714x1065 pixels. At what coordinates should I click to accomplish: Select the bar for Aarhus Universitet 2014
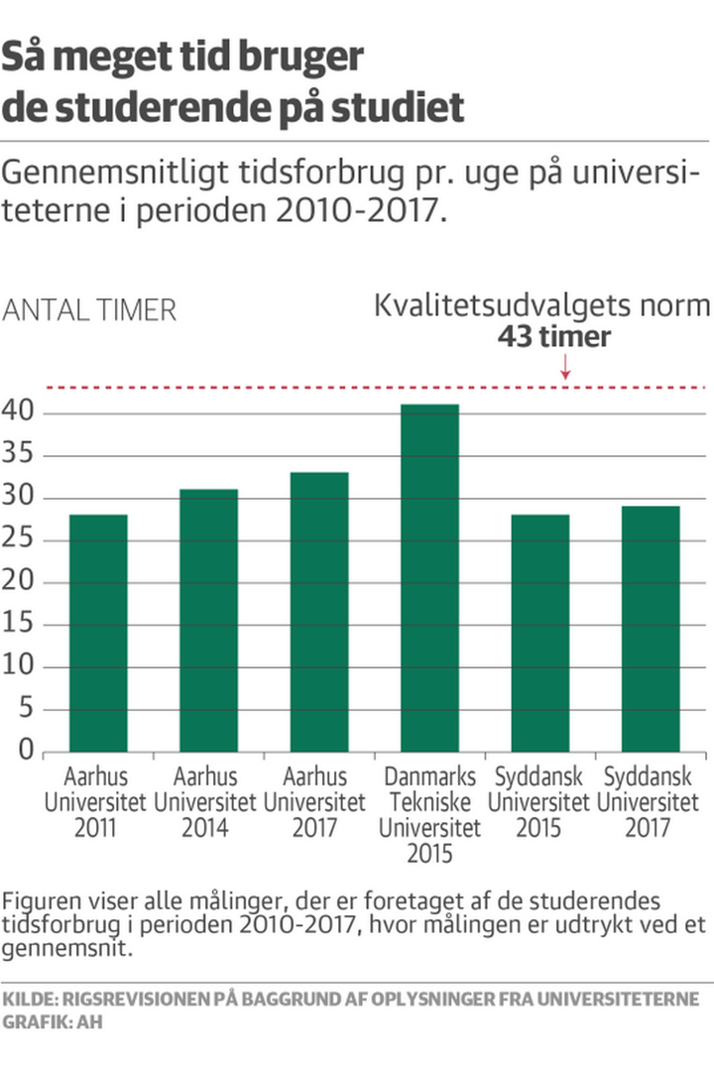coord(208,620)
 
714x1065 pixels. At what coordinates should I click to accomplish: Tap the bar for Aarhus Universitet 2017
coord(318,611)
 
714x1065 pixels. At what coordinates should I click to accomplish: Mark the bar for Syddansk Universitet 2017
coord(651,629)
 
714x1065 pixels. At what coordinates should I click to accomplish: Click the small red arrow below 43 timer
coord(565,369)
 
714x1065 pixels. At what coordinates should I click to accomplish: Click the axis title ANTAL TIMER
coord(90,310)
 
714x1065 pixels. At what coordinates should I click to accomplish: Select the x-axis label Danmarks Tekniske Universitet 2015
coord(429,813)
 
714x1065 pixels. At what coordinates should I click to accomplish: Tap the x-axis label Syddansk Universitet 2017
coord(651,800)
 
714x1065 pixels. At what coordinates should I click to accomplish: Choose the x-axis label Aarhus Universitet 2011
coord(95,800)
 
